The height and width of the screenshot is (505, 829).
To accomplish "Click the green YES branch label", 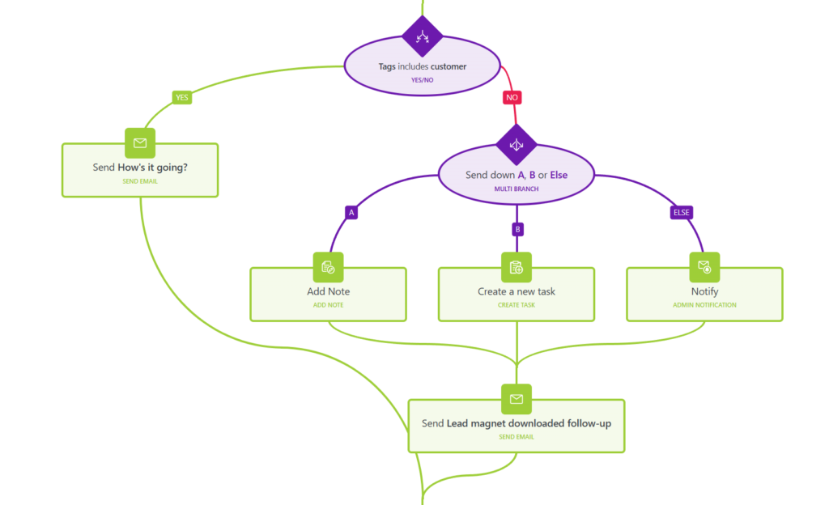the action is [x=182, y=97].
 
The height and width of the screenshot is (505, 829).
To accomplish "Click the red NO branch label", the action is [x=512, y=97].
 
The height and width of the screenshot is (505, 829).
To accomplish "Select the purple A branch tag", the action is [x=351, y=212].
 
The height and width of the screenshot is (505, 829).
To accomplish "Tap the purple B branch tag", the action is [x=517, y=229].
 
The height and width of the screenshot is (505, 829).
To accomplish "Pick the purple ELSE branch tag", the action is [x=682, y=212].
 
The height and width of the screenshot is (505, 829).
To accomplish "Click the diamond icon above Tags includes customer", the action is [x=422, y=36].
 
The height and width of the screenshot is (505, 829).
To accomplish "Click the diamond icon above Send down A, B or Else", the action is [x=517, y=145].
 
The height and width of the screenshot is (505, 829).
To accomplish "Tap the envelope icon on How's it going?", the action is [x=140, y=142].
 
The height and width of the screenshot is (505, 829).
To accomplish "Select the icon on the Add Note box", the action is [x=329, y=267].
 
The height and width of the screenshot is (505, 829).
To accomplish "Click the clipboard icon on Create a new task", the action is [x=517, y=267].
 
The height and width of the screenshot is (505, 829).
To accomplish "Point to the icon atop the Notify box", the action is [x=705, y=267].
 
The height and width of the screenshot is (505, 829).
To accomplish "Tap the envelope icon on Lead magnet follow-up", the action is [x=517, y=399].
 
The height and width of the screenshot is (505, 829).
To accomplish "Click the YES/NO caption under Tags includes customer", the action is [x=423, y=80].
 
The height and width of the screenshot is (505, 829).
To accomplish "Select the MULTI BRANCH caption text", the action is [x=517, y=189].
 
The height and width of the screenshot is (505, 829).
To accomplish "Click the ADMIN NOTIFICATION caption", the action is [x=705, y=305].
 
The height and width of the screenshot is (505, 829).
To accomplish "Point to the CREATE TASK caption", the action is [x=517, y=305].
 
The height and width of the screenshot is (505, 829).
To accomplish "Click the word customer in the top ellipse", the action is [x=449, y=66].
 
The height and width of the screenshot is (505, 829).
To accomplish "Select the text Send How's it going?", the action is [x=140, y=168].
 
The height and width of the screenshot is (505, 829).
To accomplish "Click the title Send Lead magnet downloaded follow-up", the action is [x=517, y=423].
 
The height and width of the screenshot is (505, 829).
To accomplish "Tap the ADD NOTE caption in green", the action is [x=329, y=305].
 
